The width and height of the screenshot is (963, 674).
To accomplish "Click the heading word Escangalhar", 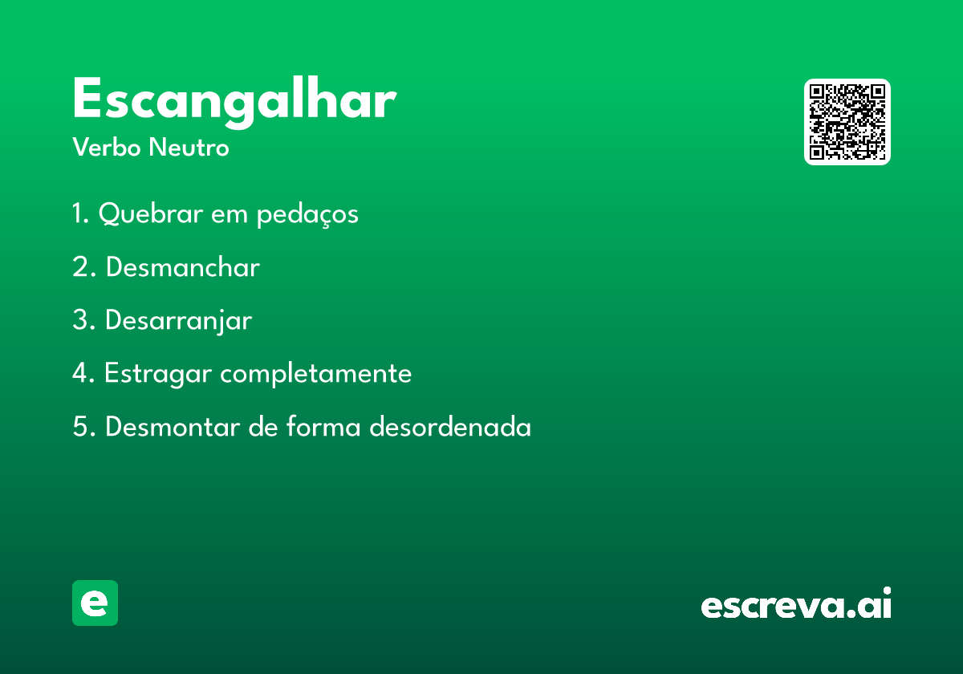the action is (234, 103).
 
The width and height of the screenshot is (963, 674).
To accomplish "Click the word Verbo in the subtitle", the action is (107, 148).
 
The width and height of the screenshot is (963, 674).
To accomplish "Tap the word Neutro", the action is (189, 148).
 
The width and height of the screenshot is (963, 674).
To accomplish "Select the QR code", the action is (847, 122).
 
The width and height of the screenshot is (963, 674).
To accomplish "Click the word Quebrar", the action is (151, 213).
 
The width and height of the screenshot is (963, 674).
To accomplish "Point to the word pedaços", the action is (307, 214).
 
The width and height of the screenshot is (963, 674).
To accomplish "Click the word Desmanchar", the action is (183, 267).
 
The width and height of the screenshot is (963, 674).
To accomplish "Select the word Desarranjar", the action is (178, 321).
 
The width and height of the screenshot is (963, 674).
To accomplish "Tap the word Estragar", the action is (158, 374).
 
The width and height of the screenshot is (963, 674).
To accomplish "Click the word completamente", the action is (316, 374).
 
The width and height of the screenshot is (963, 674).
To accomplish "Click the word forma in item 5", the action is (323, 427).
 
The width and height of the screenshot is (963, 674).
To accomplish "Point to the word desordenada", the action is (450, 427).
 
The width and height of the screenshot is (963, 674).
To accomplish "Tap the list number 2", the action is (81, 267).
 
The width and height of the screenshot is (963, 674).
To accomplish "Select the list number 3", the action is (81, 320).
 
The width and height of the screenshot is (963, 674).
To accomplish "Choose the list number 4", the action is (81, 372).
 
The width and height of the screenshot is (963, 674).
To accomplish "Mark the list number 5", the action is (81, 427).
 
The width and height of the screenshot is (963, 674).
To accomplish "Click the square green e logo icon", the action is (95, 603).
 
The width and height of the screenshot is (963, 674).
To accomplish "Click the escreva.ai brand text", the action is (796, 603).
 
